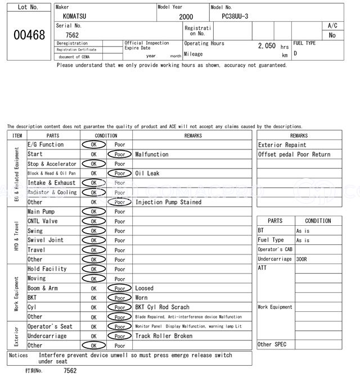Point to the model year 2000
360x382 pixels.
point(186,17)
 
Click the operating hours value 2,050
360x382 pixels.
point(267,46)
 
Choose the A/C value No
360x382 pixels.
point(332,35)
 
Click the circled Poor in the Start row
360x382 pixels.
point(120,154)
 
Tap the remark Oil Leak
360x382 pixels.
point(147,174)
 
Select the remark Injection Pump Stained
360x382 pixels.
point(168,202)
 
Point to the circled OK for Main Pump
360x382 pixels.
point(93,212)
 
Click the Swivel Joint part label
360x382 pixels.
point(46,240)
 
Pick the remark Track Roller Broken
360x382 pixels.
point(164,336)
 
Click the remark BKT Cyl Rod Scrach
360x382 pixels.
point(163,307)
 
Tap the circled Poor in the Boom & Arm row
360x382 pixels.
point(120,288)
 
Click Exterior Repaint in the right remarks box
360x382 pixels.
point(282,145)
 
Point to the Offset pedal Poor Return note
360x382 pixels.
point(294,154)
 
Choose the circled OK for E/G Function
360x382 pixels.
point(93,145)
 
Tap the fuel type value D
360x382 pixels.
point(295,54)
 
